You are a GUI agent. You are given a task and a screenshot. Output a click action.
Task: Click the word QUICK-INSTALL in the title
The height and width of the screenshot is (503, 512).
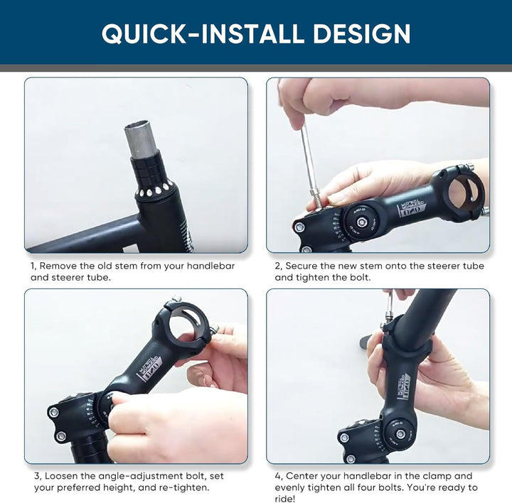point(203,33)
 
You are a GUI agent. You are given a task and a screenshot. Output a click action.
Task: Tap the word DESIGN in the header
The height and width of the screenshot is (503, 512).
point(362,33)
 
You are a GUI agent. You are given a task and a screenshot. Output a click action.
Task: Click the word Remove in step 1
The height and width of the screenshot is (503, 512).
point(58,266)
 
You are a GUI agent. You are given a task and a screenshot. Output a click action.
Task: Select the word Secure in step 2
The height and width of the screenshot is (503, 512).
point(301,266)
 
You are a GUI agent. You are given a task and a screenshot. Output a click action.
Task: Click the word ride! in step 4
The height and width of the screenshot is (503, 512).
point(285,499)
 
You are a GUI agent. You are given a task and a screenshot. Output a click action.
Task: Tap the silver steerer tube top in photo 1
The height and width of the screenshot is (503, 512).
point(141,140)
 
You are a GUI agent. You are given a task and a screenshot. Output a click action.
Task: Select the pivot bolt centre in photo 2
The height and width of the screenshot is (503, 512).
point(361,222)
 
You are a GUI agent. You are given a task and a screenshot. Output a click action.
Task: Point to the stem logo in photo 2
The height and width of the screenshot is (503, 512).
point(412,207)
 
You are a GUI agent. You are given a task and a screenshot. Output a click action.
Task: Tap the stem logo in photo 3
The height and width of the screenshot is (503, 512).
point(149,369)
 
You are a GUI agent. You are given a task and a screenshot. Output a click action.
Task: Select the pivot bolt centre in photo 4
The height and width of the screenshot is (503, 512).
point(400,434)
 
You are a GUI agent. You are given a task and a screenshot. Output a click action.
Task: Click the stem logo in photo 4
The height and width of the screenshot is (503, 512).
point(404,386)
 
